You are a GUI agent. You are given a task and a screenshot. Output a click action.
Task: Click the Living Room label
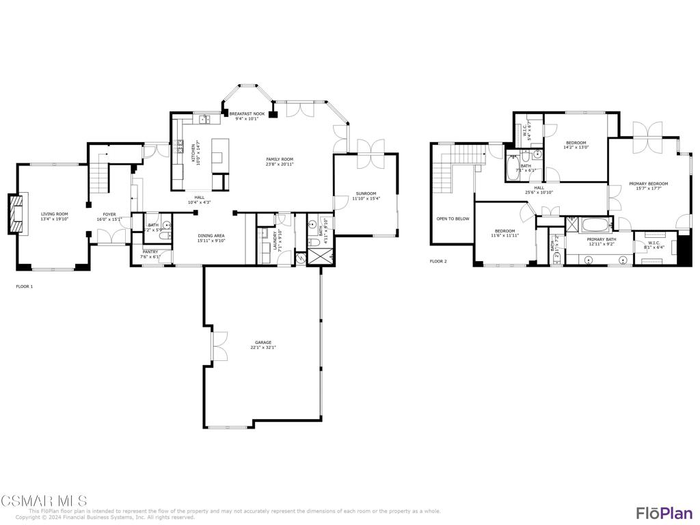tap(54, 214)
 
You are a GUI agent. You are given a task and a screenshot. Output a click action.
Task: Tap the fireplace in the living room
tap(16, 215)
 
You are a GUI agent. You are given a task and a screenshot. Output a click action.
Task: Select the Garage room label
tap(263, 342)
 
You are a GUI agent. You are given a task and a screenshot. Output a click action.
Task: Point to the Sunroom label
tap(366, 193)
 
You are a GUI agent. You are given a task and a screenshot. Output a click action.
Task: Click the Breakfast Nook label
tap(247, 113)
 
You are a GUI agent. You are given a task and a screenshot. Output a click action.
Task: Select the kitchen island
tap(219, 152)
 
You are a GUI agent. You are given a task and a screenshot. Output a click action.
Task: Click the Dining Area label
tap(211, 236)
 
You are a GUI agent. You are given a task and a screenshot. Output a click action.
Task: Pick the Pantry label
tap(150, 252)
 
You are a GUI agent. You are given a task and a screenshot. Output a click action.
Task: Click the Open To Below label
tap(453, 219)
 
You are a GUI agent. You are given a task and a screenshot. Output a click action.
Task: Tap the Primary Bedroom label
tap(648, 184)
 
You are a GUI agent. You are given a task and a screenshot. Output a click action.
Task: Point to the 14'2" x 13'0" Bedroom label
tap(576, 143)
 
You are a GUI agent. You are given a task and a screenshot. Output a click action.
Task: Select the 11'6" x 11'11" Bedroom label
tap(505, 231)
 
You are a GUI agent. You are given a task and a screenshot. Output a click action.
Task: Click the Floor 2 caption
tap(438, 261)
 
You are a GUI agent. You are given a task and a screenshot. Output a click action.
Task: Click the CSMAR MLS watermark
tap(44, 501)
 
